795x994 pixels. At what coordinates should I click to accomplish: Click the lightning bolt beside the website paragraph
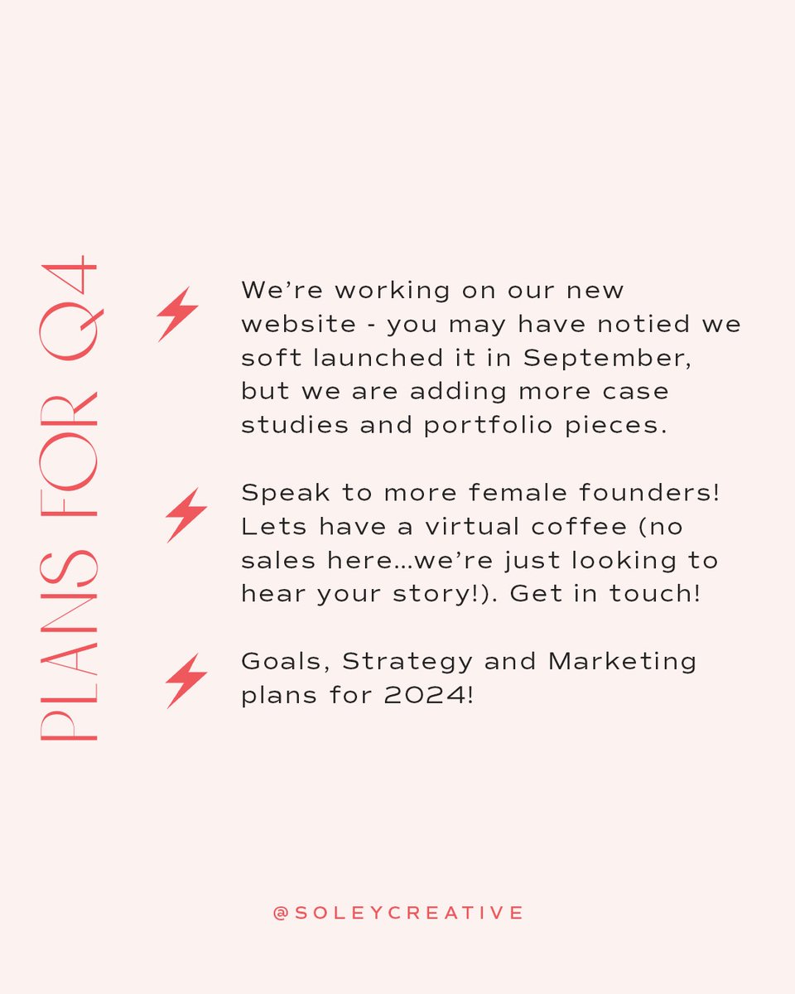point(178,314)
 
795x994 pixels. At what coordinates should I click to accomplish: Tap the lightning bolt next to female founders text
point(185,515)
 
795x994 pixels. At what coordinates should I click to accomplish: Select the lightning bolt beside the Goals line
point(185,680)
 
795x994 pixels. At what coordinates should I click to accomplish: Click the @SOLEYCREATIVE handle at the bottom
point(397,913)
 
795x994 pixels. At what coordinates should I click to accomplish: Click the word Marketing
point(622,661)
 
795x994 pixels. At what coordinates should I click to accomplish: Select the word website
point(296,324)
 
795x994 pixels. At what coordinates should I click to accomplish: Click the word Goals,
point(286,661)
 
